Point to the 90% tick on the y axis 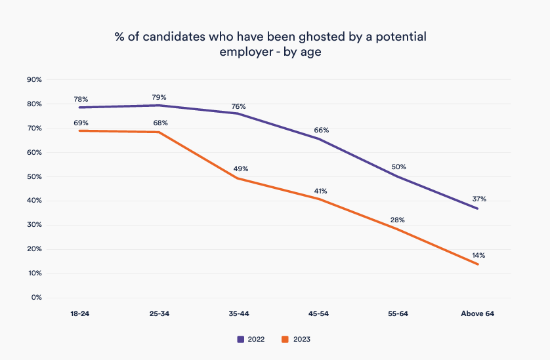[x=34, y=80]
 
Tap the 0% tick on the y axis [x=36, y=298]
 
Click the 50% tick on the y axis [x=34, y=177]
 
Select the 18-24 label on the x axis [x=79, y=314]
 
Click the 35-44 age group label [x=238, y=314]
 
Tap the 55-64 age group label [x=398, y=314]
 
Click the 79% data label [x=159, y=97]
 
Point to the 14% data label [x=478, y=255]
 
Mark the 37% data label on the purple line [x=478, y=199]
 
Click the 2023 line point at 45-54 [x=318, y=199]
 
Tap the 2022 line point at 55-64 [x=398, y=176]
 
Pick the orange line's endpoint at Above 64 [x=477, y=264]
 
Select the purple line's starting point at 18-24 [x=79, y=108]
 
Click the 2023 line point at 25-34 [x=159, y=132]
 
